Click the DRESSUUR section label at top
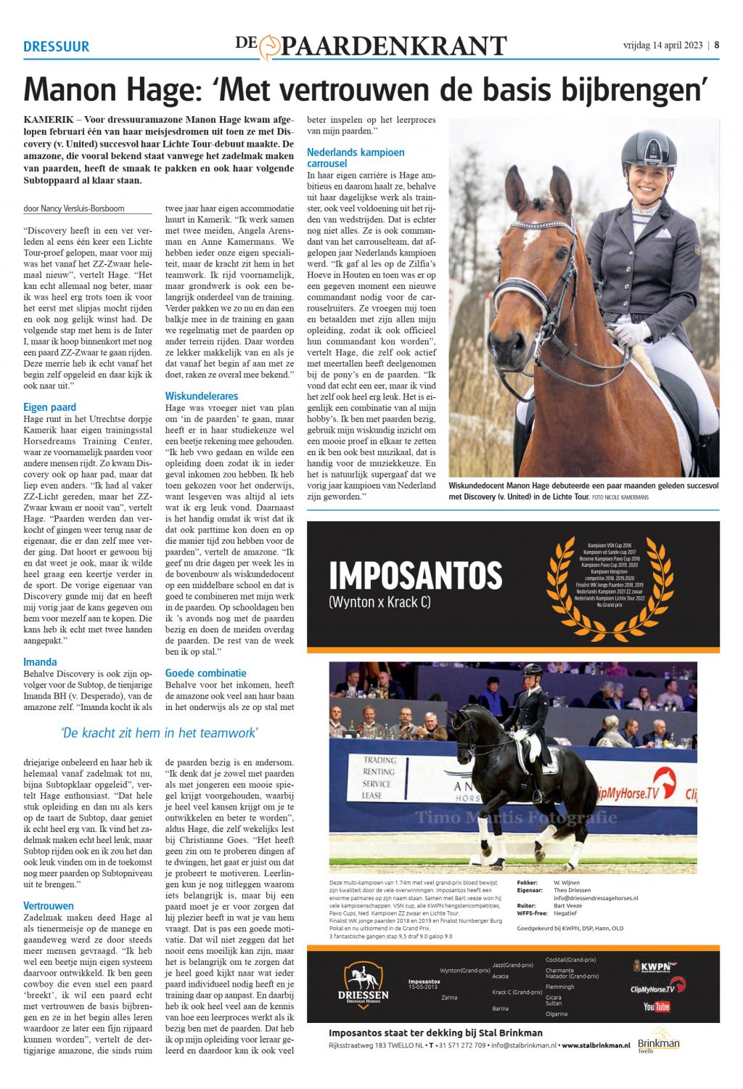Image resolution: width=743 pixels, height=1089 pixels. click(x=56, y=46)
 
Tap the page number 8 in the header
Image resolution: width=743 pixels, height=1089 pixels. click(x=717, y=44)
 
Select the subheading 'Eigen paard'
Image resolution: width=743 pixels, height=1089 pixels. click(x=49, y=407)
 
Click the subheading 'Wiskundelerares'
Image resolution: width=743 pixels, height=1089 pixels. click(x=201, y=396)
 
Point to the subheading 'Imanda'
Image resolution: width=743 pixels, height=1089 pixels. click(x=40, y=662)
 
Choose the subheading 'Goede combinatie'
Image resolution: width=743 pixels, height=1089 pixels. click(x=205, y=673)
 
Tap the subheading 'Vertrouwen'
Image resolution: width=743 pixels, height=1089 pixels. click(x=49, y=906)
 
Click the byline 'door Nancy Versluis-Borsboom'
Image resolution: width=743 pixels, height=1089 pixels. click(x=74, y=208)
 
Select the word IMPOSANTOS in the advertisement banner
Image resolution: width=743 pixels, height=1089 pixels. click(x=415, y=576)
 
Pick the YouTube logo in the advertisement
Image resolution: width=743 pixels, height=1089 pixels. click(x=656, y=1006)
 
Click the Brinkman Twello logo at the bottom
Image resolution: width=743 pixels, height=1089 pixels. click(x=658, y=1040)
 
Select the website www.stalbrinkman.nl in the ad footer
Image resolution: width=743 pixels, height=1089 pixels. click(x=595, y=1045)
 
